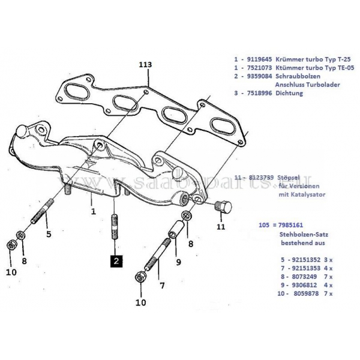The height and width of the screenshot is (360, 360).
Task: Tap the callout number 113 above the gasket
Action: [145, 64]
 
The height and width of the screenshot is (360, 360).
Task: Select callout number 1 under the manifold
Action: [94, 211]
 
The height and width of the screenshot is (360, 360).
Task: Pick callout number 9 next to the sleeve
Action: [178, 261]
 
